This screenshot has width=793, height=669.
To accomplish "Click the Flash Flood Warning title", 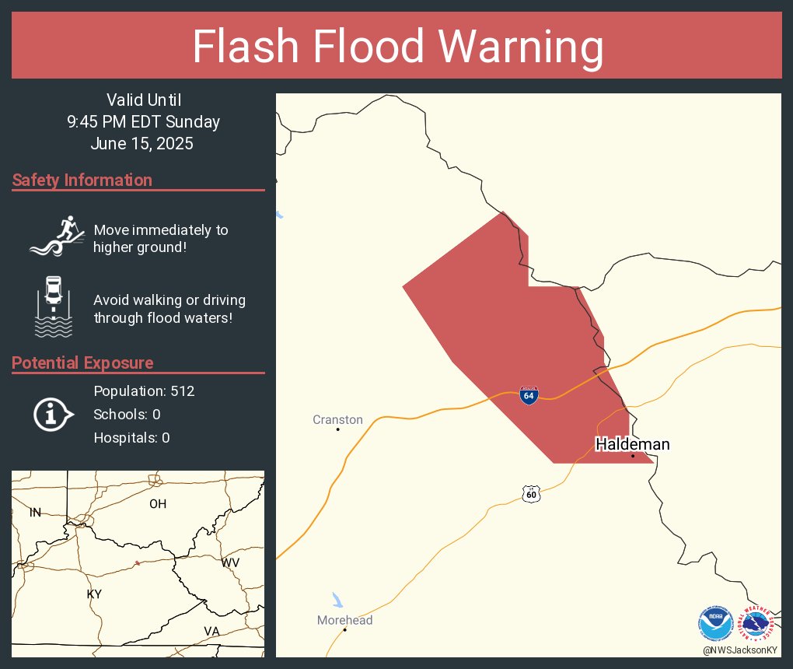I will (x=397, y=47).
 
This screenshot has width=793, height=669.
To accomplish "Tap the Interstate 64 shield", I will (x=529, y=394).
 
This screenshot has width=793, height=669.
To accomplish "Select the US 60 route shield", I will (x=531, y=494).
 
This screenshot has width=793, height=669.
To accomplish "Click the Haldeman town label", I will (x=632, y=444).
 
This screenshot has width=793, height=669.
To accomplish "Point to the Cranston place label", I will (x=337, y=419).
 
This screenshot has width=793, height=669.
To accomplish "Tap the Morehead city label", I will (x=344, y=620).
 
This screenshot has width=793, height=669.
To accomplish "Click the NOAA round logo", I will (x=715, y=623).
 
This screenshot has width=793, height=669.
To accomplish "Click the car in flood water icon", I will (x=54, y=306).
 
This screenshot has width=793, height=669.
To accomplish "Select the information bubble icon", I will (x=52, y=414).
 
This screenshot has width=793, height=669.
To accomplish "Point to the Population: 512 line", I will (x=144, y=391).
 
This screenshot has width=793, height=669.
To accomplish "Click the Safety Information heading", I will (x=82, y=180).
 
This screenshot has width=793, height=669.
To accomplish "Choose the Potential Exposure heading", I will (x=82, y=363).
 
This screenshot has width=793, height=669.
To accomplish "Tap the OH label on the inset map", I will (x=158, y=504).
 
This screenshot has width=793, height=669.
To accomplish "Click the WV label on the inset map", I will (x=231, y=562).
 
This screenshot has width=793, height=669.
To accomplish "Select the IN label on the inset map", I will (x=35, y=512).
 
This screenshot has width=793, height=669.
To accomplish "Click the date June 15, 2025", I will (x=141, y=144).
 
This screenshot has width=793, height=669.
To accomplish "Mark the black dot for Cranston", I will (x=337, y=429).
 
